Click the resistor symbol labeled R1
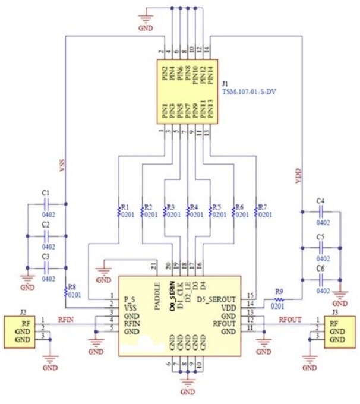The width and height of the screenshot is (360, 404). [x=118, y=211]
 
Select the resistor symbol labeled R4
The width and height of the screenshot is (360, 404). [x=187, y=211]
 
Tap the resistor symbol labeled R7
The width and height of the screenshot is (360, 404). [x=255, y=211]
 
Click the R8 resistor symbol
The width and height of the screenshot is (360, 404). [x=65, y=291]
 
